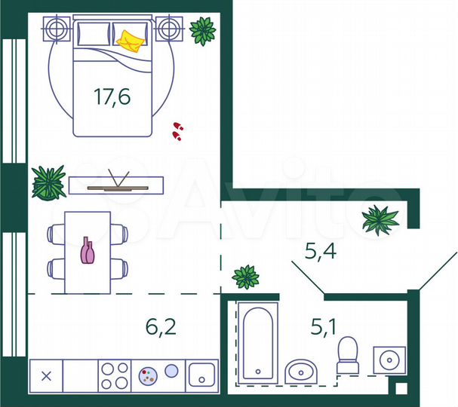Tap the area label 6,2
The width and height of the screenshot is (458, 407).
(160, 326)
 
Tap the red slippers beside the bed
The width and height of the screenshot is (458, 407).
(177, 131)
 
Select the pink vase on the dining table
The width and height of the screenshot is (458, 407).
(88, 250)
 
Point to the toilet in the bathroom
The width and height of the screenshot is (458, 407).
(347, 355)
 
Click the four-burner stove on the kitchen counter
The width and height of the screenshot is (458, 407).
(115, 375)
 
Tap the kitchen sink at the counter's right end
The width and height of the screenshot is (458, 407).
(202, 374)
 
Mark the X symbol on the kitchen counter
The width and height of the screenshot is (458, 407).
(46, 375)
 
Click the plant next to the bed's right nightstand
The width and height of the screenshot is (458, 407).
(202, 31)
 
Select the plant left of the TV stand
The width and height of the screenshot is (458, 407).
(49, 182)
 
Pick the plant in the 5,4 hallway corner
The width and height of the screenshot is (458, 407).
(380, 219)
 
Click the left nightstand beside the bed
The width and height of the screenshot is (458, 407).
(57, 30)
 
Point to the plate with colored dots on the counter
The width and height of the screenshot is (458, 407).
(147, 375)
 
